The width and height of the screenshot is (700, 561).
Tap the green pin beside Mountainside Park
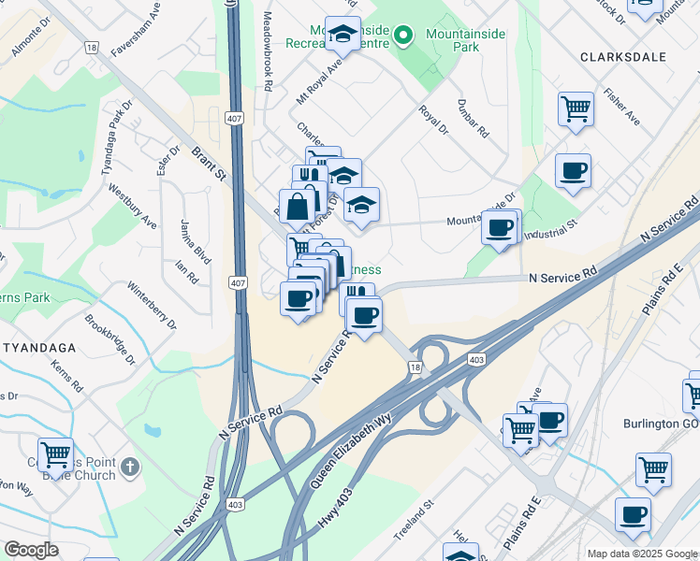pos(403,36)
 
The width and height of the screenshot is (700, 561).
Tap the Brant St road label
pos(210,162)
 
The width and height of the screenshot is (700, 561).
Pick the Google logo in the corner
pos(31,550)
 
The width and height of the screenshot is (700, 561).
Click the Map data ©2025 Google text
pos(641,554)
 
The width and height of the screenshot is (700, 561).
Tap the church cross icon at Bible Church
pos(130,466)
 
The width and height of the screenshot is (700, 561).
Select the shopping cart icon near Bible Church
pos(55,454)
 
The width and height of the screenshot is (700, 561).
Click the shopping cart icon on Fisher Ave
pos(576,108)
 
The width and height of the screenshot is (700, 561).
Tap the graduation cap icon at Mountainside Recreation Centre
pos(343,35)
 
